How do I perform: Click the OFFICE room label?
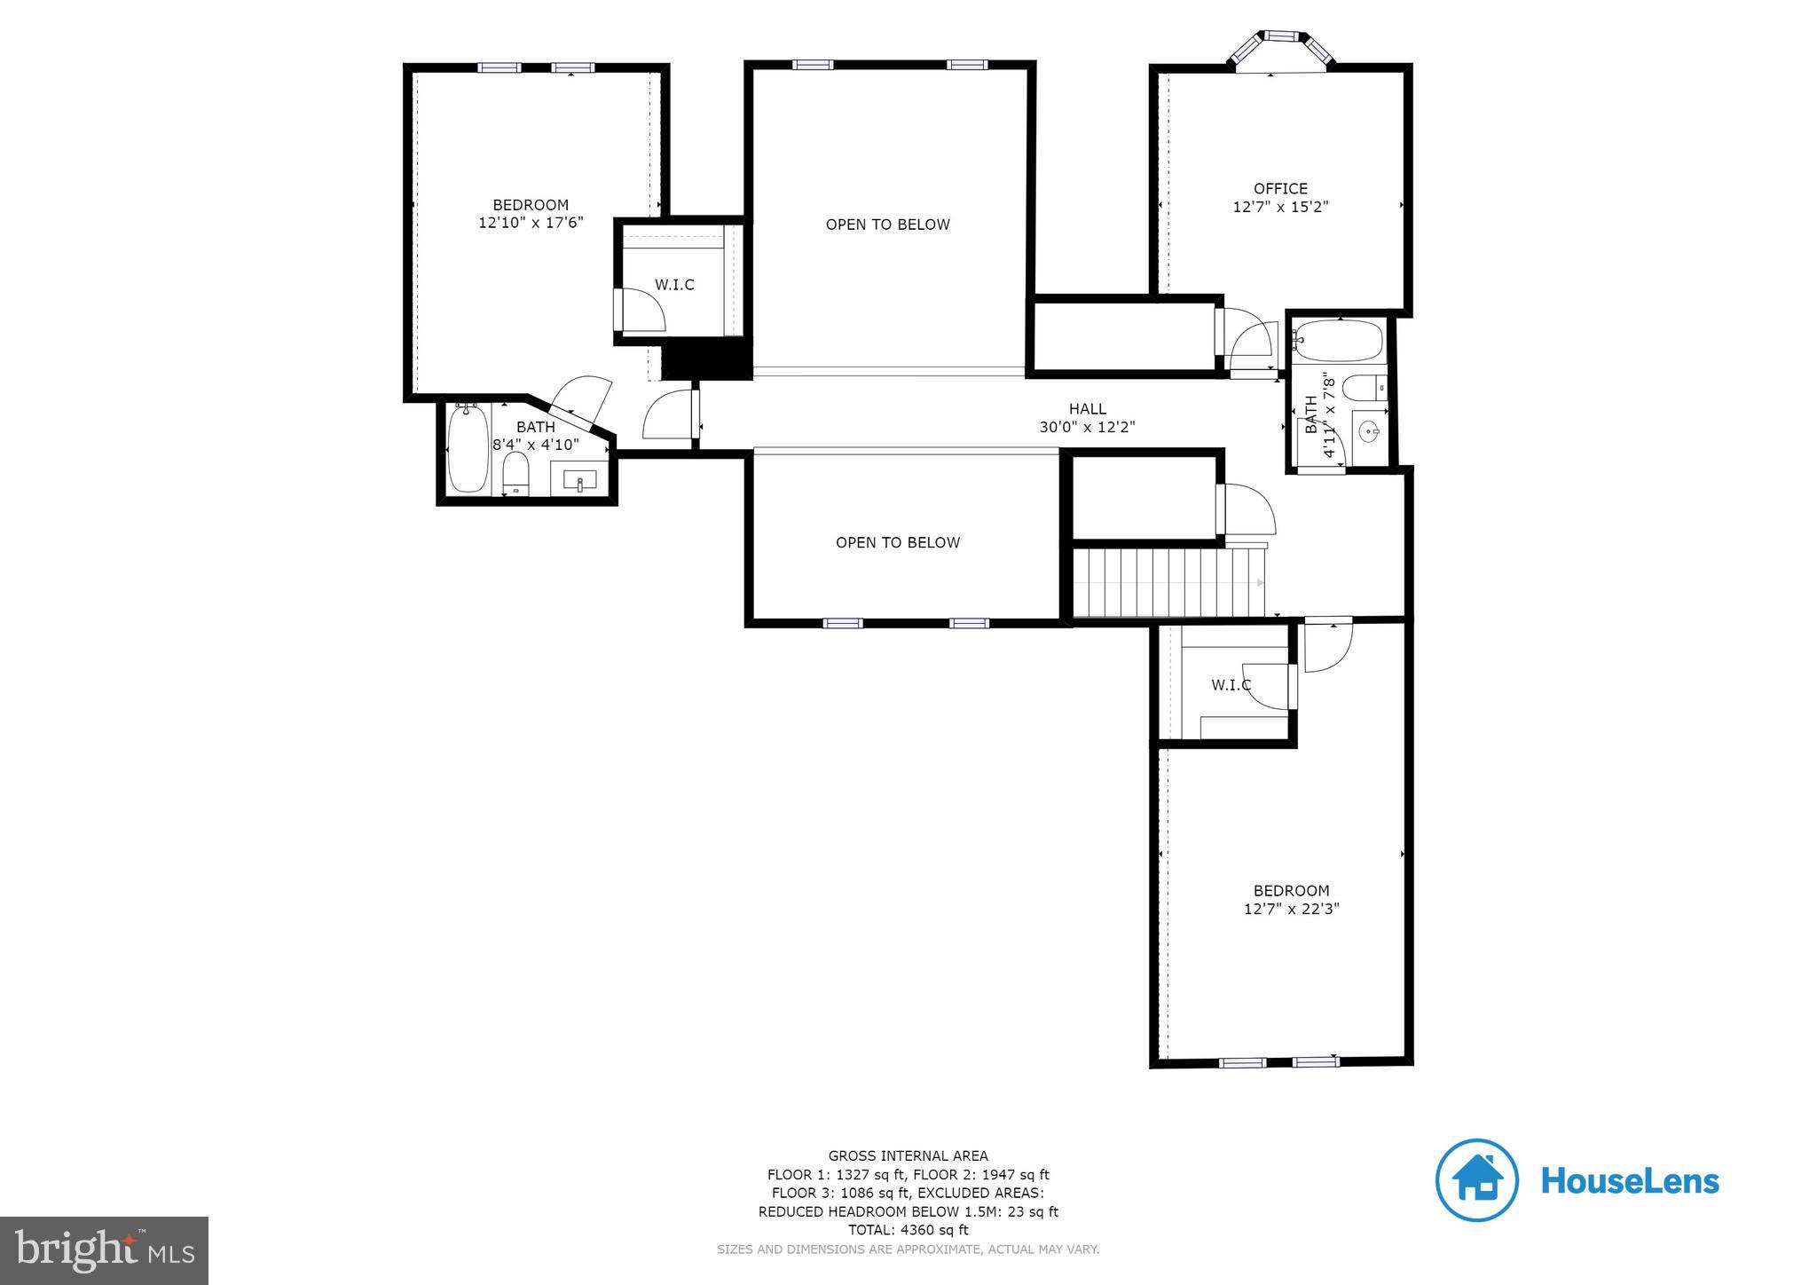[1279, 189]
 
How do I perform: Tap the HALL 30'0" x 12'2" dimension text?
[1087, 427]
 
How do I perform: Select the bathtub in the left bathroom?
[468, 450]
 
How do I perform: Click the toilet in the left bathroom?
[515, 472]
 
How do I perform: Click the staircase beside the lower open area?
[1167, 582]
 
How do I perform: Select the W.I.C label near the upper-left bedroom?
[674, 285]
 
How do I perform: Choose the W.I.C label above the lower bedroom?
[1231, 685]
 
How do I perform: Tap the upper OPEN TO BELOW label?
[887, 225]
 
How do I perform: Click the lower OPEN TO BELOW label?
[897, 542]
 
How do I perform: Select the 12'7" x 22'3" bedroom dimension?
[1291, 909]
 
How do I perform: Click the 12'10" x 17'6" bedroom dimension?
[531, 223]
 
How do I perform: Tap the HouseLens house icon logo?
[1476, 1180]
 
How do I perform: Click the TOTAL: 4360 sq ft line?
[908, 1230]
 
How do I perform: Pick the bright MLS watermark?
[104, 1250]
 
